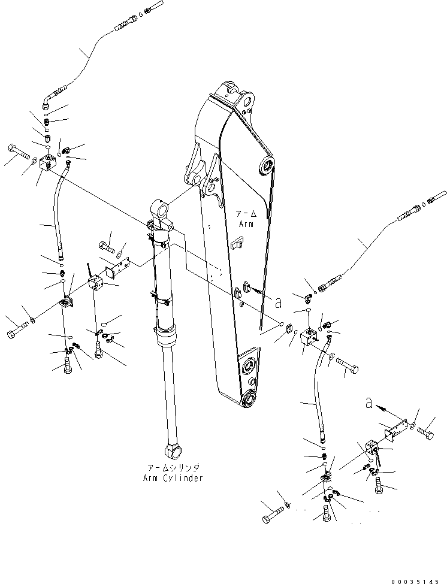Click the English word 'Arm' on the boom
pyautogui.click(x=246, y=223)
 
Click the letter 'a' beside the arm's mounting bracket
pyautogui.click(x=278, y=301)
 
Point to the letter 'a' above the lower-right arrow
pyautogui.click(x=369, y=404)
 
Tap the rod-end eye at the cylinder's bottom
pyautogui.click(x=174, y=449)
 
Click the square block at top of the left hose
pyautogui.click(x=46, y=162)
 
